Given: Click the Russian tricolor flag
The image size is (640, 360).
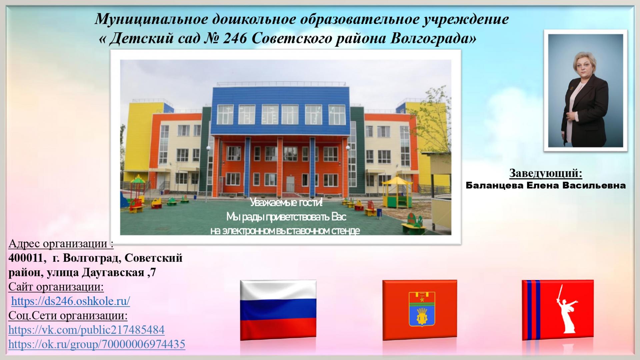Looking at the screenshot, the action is tap(278, 310).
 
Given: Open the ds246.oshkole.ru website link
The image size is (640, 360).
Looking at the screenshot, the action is tap(71, 301).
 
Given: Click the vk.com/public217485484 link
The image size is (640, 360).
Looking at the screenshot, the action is tap(86, 330).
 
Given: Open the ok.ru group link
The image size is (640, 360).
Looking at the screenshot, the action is tap(97, 344).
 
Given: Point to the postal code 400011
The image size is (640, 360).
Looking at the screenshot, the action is tap(26, 258).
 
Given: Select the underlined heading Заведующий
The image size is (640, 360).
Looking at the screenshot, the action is tap(546, 173).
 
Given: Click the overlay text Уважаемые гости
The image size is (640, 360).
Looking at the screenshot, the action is tap(286, 203).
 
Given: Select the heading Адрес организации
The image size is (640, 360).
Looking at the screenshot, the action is tap(61, 244).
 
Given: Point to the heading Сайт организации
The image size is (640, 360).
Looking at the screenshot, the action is tap(56, 287).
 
